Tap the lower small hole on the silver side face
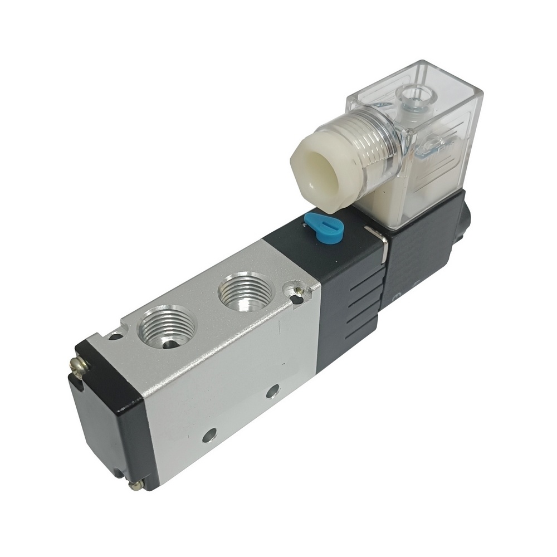pos(209,434)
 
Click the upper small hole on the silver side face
pos(272,391)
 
